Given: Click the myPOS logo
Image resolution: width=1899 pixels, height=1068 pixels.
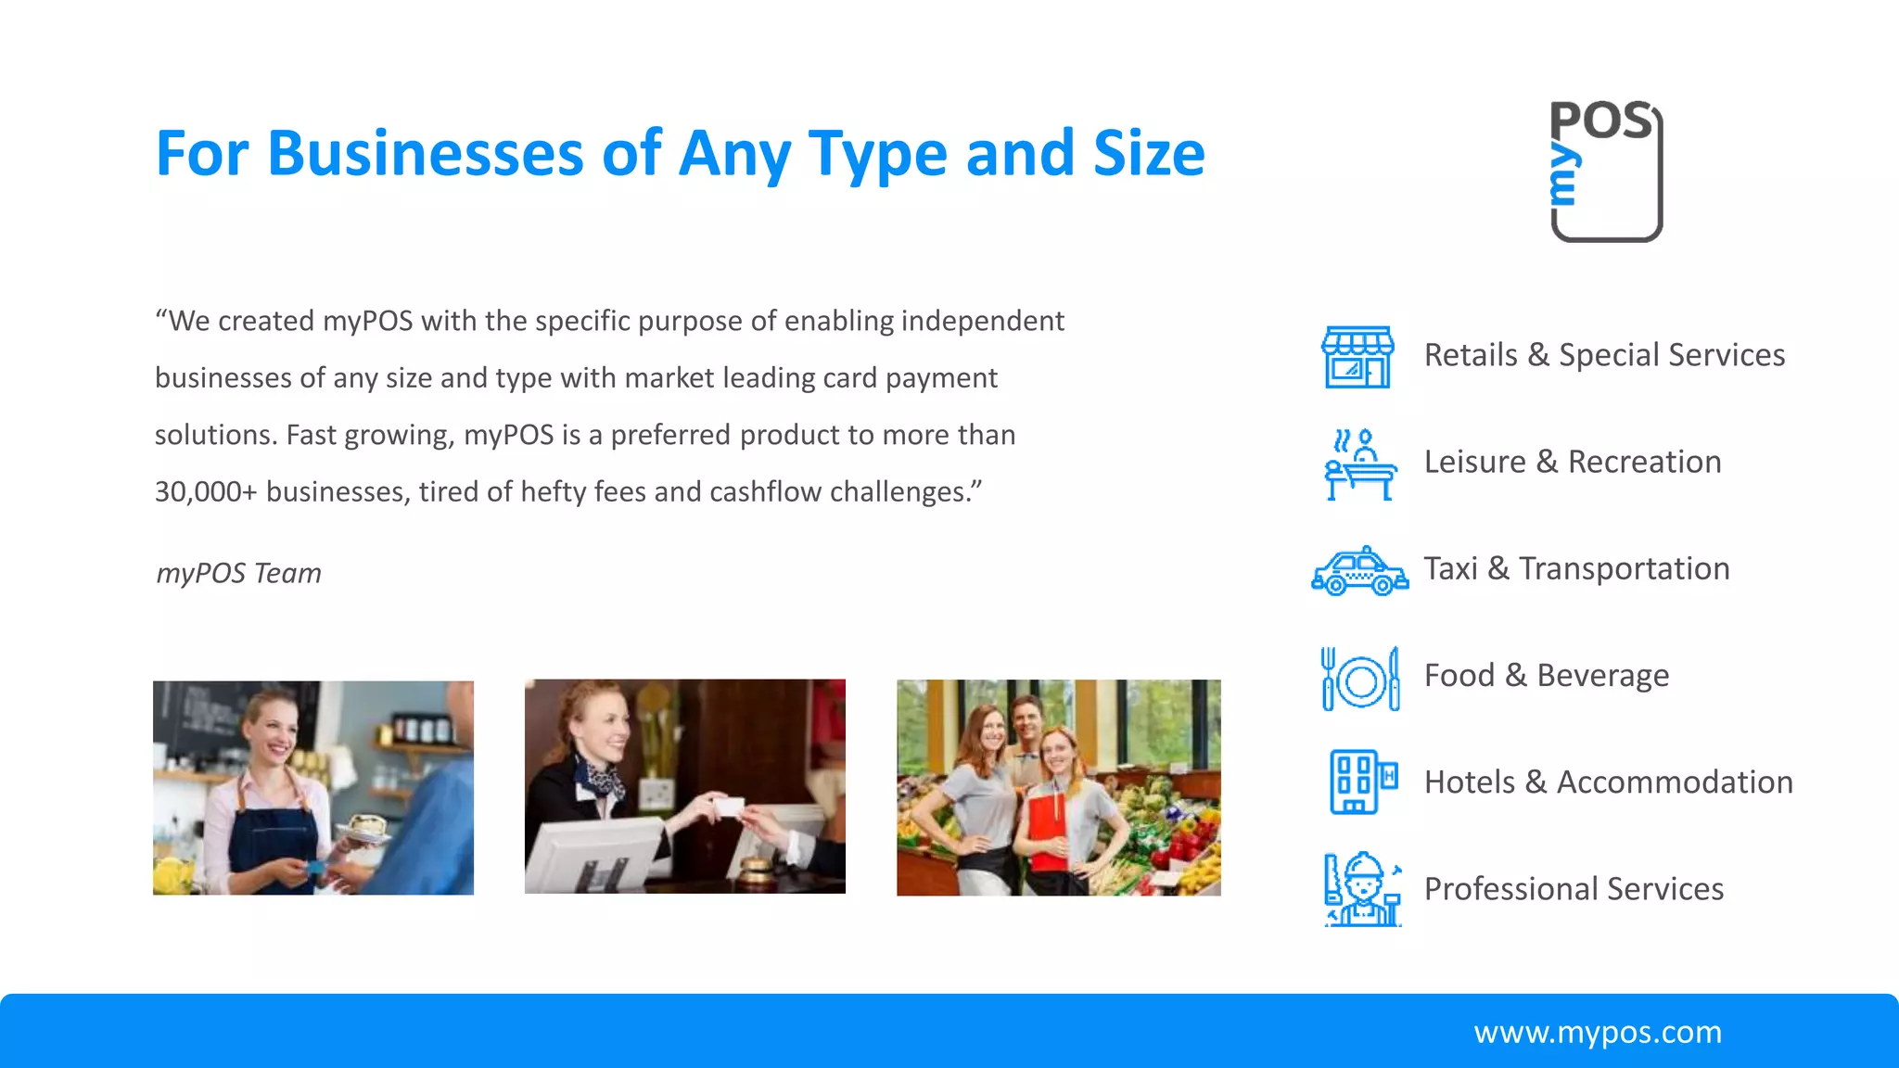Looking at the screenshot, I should click(1606, 172).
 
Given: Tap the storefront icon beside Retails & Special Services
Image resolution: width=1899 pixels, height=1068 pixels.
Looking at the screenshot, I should click(1357, 357).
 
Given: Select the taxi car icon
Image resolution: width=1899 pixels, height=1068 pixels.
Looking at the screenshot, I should click(1359, 571).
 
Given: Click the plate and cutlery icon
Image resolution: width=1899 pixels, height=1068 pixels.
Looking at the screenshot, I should click(1359, 680).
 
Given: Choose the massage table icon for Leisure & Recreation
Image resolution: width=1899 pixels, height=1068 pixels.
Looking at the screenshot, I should click(1359, 464).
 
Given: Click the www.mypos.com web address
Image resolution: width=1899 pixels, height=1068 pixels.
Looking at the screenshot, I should click(1597, 1032).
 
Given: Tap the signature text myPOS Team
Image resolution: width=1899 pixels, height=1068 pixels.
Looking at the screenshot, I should click(238, 573).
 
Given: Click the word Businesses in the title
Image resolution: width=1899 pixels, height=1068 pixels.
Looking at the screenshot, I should click(425, 153).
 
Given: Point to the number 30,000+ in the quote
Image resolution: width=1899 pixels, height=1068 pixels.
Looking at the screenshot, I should click(205, 491).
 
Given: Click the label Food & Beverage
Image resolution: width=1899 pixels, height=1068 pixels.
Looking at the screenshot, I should click(1546, 675).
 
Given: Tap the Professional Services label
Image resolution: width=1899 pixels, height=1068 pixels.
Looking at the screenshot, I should click(1574, 888).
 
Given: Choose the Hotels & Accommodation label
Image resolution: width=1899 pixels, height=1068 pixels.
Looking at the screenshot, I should click(1608, 782).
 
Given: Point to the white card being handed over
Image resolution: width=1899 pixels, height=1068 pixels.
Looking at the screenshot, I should click(730, 807).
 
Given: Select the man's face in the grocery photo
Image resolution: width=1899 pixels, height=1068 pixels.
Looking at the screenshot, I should click(1026, 718).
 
